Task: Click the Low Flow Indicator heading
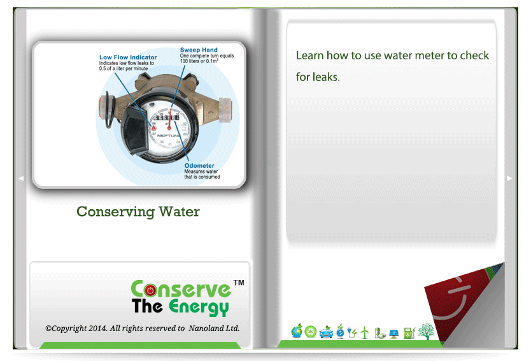click(128, 57)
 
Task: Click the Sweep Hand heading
click(199, 50)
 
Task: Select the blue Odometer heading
click(199, 166)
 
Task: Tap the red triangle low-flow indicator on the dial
click(153, 128)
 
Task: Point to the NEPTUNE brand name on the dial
click(168, 136)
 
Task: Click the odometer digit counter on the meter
click(167, 117)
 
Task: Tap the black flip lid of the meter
click(136, 129)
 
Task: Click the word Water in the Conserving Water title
click(179, 211)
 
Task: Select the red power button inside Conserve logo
click(150, 290)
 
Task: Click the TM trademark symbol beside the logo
click(239, 283)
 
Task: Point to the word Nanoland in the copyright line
click(204, 328)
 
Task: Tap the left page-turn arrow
click(21, 178)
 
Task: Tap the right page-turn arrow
click(509, 178)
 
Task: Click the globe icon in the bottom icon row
click(297, 331)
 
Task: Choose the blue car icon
click(326, 332)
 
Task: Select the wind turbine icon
click(365, 332)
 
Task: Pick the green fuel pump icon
click(409, 332)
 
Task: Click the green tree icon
click(427, 331)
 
